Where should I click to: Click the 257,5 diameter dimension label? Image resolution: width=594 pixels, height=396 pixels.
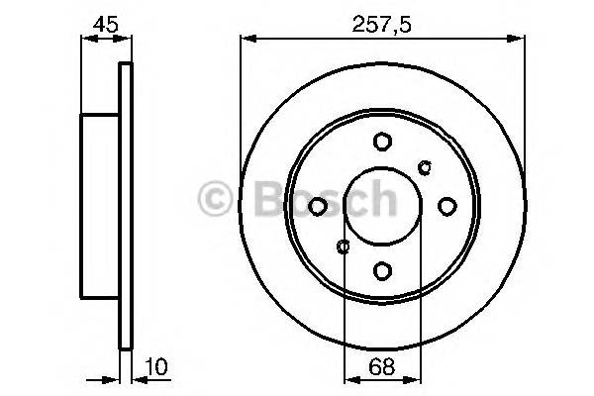coord(382,21)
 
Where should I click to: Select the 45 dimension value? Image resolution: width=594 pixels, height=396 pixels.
coord(104,21)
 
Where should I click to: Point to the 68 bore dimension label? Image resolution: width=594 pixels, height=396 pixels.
coord(382,367)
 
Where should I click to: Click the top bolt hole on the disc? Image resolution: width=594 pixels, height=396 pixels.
coord(382,142)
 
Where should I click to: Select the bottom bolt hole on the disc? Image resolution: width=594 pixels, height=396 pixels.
coord(382,269)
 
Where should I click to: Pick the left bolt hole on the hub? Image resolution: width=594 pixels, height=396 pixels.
coord(318,206)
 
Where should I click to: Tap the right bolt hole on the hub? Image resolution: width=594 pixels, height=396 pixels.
coord(446,206)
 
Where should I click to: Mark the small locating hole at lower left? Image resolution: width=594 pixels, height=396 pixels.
coord(343,247)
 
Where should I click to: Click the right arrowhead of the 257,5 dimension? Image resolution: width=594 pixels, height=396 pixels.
coord(520,40)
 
